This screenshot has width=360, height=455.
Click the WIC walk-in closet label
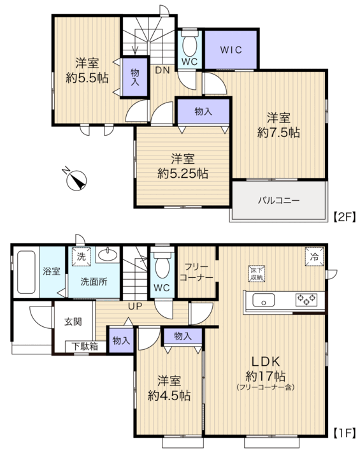tap(231, 50)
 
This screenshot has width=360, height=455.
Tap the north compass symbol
tap(76, 180)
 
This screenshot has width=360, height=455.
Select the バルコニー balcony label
tap(279, 200)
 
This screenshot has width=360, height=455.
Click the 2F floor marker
tap(344, 217)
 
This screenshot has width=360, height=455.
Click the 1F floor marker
tap(344, 433)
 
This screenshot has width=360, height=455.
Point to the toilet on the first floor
tap(162, 264)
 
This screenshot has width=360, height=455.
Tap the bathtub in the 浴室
tap(26, 272)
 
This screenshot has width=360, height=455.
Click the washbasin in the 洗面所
tap(108, 255)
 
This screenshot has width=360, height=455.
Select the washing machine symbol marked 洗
tap(82, 257)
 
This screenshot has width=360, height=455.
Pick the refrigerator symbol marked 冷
tap(314, 257)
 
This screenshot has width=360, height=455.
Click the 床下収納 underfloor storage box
tap(257, 273)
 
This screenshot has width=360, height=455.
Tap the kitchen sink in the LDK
tap(263, 300)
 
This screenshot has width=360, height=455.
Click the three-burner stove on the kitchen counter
tap(306, 300)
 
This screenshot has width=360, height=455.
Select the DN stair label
tap(162, 70)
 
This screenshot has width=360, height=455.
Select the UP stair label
tap(135, 306)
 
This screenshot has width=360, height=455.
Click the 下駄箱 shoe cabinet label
tap(85, 347)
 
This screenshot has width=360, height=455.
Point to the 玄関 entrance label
tap(73, 322)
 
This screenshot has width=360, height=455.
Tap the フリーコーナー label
tap(196, 272)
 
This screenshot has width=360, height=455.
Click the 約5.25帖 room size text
tap(183, 173)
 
